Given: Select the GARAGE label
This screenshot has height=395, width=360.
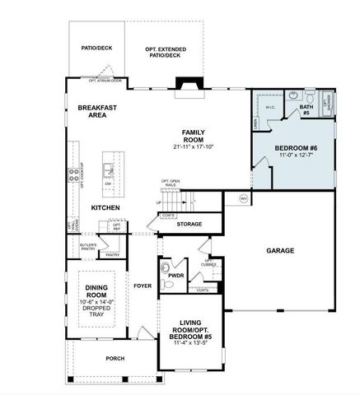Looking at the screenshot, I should pos(280,250).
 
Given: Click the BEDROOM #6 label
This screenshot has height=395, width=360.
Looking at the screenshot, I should pos(295,147).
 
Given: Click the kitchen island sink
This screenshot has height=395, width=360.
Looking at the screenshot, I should pos(108,170).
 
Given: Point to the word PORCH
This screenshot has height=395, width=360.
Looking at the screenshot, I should pos(115,359).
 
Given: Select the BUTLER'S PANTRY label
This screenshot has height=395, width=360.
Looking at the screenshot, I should pos(88,246).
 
